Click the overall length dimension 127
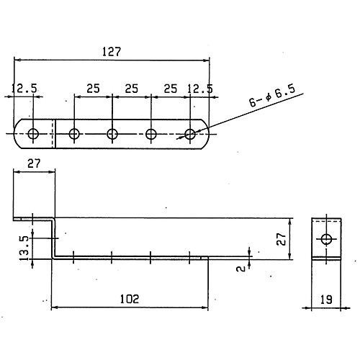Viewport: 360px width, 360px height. click(112, 52)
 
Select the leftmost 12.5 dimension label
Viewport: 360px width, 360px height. click(24, 88)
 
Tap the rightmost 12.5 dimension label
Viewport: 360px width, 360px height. click(200, 89)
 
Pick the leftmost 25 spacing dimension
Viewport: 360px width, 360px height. click(93, 89)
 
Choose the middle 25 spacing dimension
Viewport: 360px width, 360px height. click(132, 89)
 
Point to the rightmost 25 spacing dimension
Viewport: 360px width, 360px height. click(171, 89)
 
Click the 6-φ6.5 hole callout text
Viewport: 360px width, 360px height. click(272, 96)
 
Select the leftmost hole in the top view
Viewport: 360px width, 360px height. click(33, 134)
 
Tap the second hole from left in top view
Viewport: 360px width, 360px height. click(74, 134)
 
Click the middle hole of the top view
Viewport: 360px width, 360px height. click(112, 134)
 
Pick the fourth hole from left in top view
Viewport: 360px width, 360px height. click(151, 134)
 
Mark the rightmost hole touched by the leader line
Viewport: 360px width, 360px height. click(190, 134)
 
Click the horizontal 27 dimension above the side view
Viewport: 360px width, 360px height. click(34, 163)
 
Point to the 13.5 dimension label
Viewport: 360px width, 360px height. click(25, 248)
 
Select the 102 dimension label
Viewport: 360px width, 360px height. click(130, 299)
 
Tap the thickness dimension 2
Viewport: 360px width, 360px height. click(241, 269)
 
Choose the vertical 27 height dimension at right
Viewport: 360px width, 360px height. click(282, 239)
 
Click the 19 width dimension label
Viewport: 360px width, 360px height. click(326, 300)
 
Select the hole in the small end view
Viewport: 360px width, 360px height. click(326, 239)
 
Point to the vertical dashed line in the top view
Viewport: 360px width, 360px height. click(51, 133)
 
